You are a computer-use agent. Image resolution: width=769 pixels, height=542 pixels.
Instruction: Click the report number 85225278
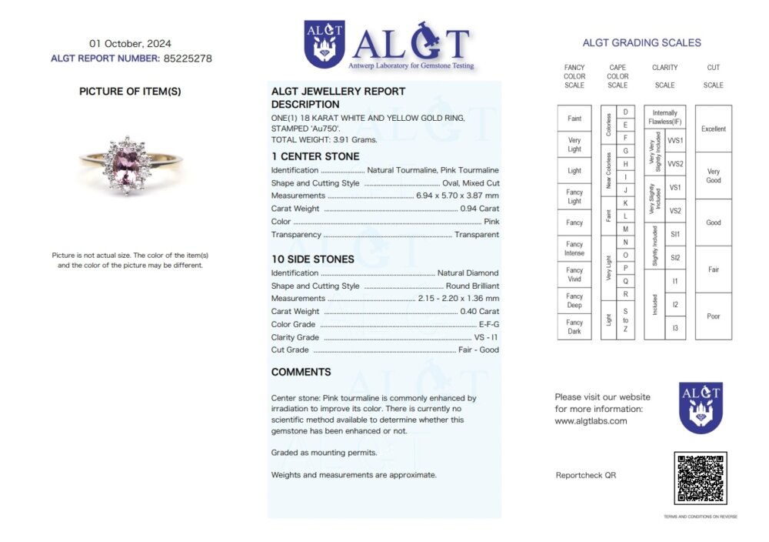(188, 58)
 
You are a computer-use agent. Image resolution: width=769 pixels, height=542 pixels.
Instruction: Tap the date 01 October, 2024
(131, 43)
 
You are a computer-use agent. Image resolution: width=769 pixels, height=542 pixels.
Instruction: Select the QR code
(700, 478)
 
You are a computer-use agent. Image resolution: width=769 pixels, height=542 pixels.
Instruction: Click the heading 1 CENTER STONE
(315, 156)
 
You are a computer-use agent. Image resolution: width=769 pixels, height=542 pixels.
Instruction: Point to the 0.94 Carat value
(479, 209)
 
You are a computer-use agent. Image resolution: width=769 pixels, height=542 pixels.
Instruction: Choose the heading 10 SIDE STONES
(313, 259)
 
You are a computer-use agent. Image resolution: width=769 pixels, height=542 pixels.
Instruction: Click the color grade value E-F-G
(488, 324)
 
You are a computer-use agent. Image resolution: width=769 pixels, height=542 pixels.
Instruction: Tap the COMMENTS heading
(301, 372)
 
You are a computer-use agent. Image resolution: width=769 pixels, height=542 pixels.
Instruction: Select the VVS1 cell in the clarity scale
(675, 141)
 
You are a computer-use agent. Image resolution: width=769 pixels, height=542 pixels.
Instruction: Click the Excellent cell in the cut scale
(713, 129)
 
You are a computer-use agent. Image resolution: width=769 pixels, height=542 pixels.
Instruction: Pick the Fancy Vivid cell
(574, 275)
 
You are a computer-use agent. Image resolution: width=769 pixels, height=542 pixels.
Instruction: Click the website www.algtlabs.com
(591, 421)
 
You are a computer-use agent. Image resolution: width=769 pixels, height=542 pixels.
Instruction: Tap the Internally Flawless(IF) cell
(664, 117)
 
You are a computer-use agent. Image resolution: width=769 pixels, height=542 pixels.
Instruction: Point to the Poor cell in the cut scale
(713, 316)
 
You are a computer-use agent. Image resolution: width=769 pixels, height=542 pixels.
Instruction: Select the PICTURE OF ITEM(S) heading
(130, 91)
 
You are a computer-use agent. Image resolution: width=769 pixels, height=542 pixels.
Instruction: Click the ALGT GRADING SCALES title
(641, 43)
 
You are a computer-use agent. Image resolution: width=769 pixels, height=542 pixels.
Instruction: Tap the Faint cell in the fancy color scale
(574, 119)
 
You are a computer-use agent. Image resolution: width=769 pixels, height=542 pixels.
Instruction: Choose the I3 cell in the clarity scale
(675, 328)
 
